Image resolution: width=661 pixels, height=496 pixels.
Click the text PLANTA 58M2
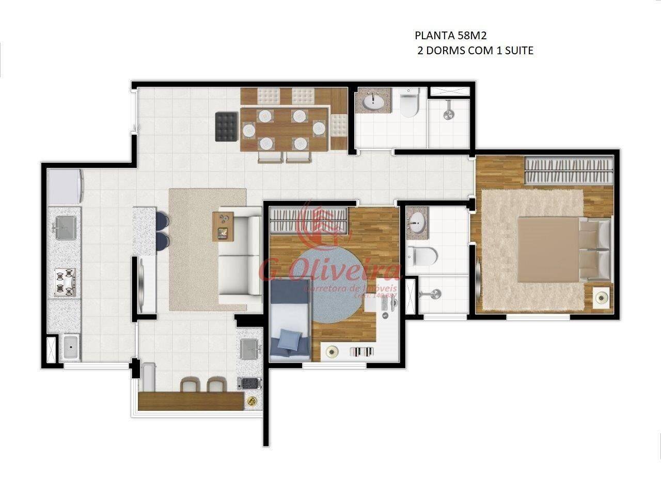pos(451,36)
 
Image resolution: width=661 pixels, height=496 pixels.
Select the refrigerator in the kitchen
pos(65,187)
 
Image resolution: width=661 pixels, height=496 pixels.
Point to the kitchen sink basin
pos(65,228)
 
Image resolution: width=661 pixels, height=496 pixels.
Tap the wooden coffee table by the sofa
pos(223,226)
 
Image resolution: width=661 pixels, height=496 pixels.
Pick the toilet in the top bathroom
pos(409,102)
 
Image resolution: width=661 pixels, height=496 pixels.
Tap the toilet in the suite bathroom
pos(422,254)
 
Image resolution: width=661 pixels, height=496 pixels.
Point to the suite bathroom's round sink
pos(416,223)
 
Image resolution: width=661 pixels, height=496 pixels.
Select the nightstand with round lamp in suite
pos(601,298)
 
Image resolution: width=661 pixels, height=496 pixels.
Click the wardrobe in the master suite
pos(568,171)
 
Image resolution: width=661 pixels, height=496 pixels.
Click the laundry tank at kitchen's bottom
pos(70,348)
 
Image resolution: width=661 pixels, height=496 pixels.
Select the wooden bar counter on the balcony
pos(190,401)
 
